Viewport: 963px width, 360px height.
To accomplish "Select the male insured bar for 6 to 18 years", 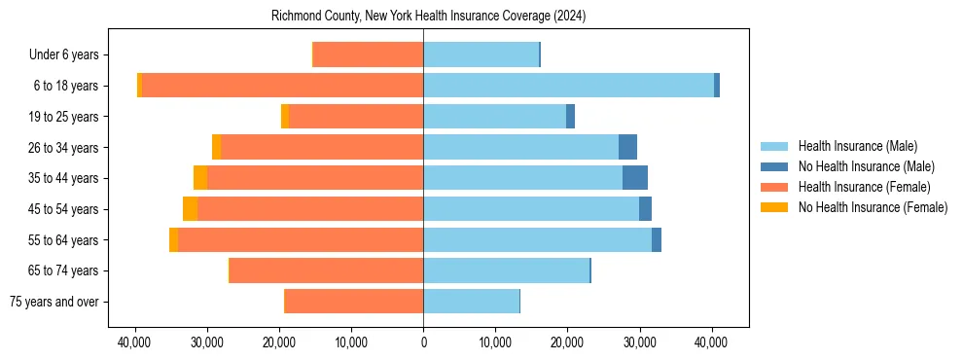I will point(568,86).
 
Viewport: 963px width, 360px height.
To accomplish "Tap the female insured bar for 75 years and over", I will point(353,302).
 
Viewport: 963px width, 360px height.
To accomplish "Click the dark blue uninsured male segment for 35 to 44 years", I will point(635,178).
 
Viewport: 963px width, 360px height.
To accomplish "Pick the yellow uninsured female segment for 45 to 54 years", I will point(190,209).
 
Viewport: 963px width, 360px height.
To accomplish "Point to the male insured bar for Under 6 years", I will point(481,54).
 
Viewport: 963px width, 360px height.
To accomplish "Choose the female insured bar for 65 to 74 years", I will point(326,270).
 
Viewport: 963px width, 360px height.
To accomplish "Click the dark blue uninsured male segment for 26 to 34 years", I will point(627,147).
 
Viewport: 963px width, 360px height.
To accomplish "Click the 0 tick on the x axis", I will point(423,342).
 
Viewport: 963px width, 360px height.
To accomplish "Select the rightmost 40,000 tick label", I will point(711,342).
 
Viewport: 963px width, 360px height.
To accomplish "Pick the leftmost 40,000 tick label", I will point(135,342).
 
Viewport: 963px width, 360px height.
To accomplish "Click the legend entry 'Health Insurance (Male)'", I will point(857,146).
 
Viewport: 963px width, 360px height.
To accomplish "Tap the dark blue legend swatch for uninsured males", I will point(774,166).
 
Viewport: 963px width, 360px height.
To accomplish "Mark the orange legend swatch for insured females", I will point(774,187).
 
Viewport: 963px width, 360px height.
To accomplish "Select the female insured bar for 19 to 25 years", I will point(356,117).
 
